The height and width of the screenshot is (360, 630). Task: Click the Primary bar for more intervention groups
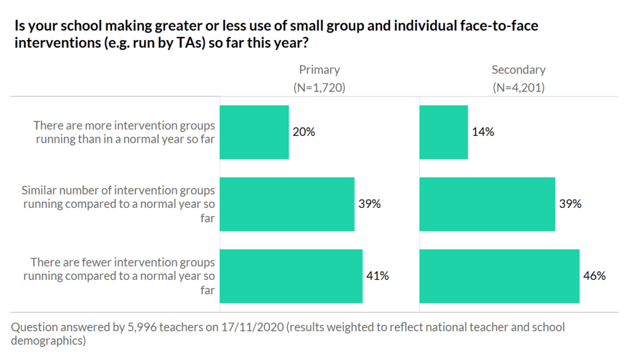[x=254, y=132]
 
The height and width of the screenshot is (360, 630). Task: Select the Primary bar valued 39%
[x=287, y=204]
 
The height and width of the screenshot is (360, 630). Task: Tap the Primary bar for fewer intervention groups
[x=291, y=276]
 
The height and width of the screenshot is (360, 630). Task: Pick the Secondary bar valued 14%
[x=444, y=132]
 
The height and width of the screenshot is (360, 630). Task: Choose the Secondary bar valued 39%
[x=487, y=204]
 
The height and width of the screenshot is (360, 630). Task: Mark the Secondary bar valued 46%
[x=499, y=276]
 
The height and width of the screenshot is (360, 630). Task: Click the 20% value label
[x=304, y=132]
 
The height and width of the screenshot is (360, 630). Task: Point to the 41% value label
[x=378, y=276]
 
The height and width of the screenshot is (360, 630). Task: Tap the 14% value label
[x=483, y=132]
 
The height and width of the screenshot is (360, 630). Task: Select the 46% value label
[x=594, y=276]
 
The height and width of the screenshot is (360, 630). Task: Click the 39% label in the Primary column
[x=370, y=204]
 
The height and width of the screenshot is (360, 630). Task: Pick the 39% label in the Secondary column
[x=570, y=204]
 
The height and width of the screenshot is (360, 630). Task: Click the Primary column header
[x=319, y=70]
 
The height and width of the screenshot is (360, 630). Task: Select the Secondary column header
[x=519, y=70]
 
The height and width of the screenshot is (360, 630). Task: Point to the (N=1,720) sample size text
[x=319, y=87]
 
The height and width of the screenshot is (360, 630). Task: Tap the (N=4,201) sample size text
[x=519, y=87]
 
